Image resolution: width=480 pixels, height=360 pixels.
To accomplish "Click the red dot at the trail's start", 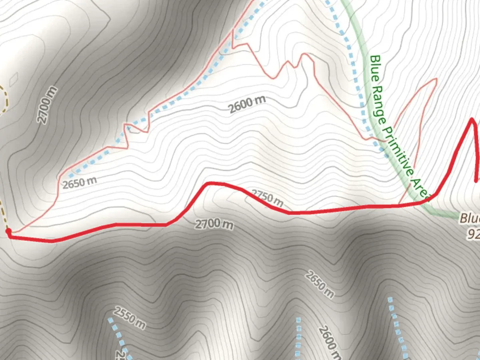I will click(8, 231).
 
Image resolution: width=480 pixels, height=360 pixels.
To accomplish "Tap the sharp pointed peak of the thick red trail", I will click(472, 119).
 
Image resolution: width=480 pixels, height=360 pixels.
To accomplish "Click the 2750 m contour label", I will click(267, 198).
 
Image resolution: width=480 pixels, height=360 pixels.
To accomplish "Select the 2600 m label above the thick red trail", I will click(247, 104).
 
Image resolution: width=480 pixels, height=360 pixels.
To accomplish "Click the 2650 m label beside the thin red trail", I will click(80, 182).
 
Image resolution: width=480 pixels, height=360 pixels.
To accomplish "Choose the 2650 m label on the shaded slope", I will click(319, 284).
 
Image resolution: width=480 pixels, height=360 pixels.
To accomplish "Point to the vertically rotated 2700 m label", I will click(48, 105).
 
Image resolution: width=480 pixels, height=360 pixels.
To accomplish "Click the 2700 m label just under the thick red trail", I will click(214, 224).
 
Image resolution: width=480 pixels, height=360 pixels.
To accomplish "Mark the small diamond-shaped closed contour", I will click(14, 79).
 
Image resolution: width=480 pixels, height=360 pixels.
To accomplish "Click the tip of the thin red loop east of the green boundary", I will click(436, 79).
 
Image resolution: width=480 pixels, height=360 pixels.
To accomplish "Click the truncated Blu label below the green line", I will click(470, 219).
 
